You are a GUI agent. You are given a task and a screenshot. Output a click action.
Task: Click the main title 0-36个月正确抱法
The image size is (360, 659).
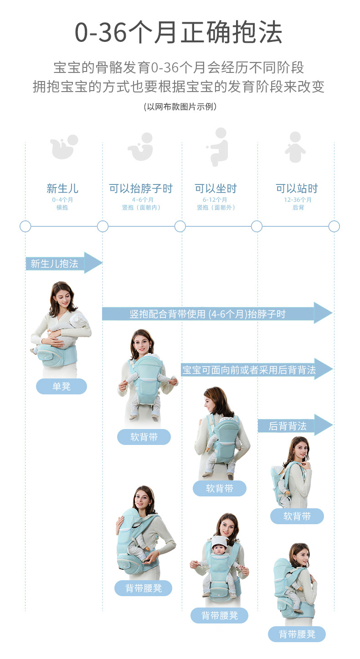click(x=178, y=32)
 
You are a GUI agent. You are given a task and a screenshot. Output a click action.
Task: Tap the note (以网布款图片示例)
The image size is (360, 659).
click(x=180, y=107)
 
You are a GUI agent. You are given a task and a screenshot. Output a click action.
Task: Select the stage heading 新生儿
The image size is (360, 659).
click(x=62, y=188)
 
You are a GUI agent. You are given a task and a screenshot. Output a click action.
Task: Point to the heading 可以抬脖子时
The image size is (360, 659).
click(x=141, y=188)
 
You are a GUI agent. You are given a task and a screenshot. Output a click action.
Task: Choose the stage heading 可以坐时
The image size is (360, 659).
click(x=216, y=188)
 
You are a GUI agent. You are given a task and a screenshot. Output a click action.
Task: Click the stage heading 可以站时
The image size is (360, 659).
click(x=297, y=188)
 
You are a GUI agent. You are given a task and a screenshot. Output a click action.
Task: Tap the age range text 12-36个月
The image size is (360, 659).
click(x=298, y=200)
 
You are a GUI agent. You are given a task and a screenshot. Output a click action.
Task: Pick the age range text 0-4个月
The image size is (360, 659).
click(x=62, y=200)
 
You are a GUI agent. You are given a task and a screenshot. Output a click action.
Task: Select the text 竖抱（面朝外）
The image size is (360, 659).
click(x=216, y=207)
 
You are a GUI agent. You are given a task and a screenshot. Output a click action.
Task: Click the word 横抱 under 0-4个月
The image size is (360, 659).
click(x=62, y=207)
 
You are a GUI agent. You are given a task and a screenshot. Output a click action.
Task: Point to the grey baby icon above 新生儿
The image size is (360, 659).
click(x=64, y=147)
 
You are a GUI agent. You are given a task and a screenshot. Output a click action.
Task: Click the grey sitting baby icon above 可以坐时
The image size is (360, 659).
click(x=218, y=147)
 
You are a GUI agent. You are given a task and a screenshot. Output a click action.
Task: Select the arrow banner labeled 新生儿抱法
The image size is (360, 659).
click(x=64, y=263)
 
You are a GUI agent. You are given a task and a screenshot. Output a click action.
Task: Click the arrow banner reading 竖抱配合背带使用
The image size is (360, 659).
click(x=217, y=314)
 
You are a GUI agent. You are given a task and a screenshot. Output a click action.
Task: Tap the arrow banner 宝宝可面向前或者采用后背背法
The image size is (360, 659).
click(x=257, y=369)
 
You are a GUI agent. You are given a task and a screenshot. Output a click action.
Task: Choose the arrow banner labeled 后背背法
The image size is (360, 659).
click(x=295, y=425)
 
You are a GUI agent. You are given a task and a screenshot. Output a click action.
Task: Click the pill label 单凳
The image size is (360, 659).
click(x=62, y=386)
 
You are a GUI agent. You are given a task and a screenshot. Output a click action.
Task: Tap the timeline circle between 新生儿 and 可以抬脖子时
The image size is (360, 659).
click(x=103, y=226)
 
